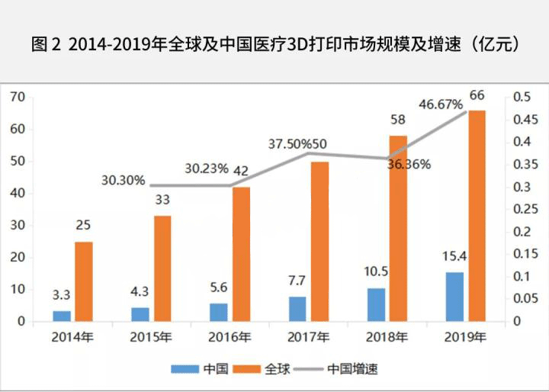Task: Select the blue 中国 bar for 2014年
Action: [x=62, y=316]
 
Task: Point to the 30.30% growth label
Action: [x=124, y=181]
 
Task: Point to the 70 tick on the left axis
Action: [x=18, y=97]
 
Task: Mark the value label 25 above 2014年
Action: [x=84, y=225]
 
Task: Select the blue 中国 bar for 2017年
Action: [x=297, y=309]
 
